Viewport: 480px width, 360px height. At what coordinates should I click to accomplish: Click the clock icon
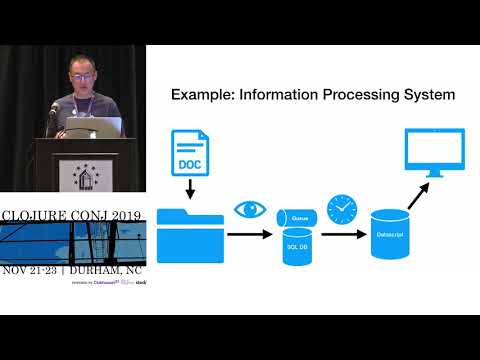341,209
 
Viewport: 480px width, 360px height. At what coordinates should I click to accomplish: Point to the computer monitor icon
434,153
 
